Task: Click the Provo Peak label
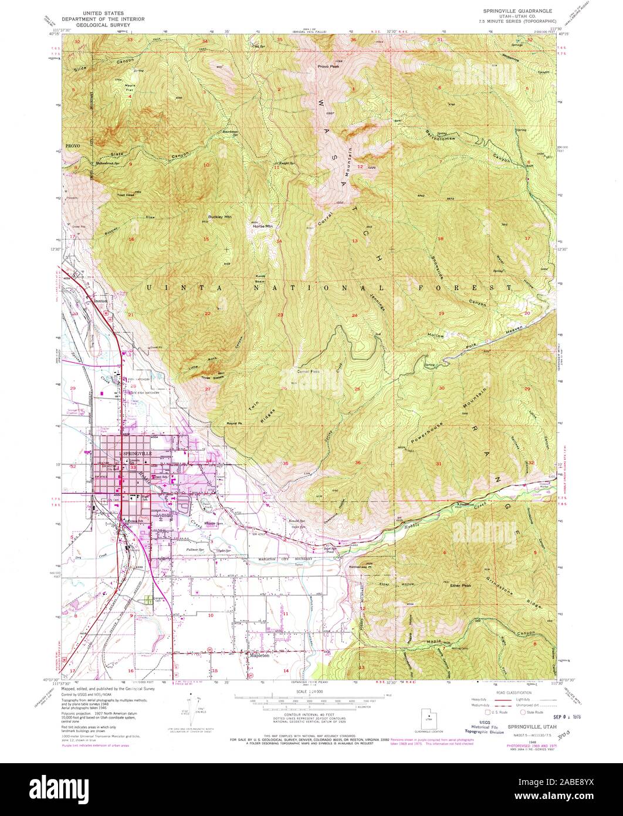[x=329, y=66]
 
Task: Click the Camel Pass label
[x=308, y=372]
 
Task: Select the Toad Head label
[x=126, y=194]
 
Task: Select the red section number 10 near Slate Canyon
[x=206, y=166]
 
